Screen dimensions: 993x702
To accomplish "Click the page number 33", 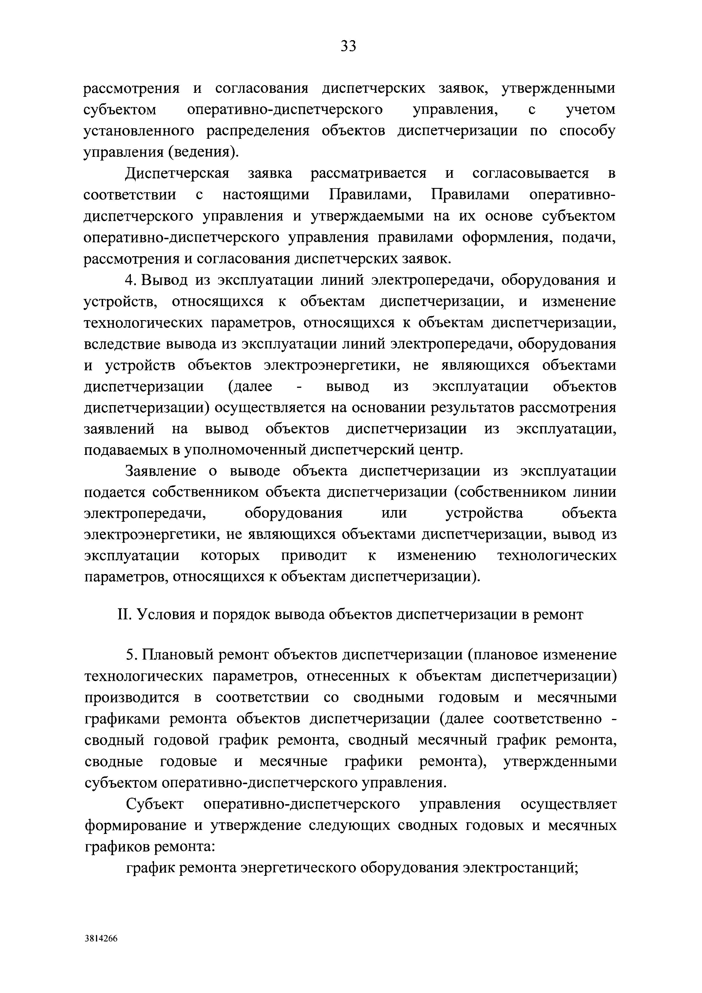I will coord(348,45).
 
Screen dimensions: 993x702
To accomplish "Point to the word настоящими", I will coord(266,195).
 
